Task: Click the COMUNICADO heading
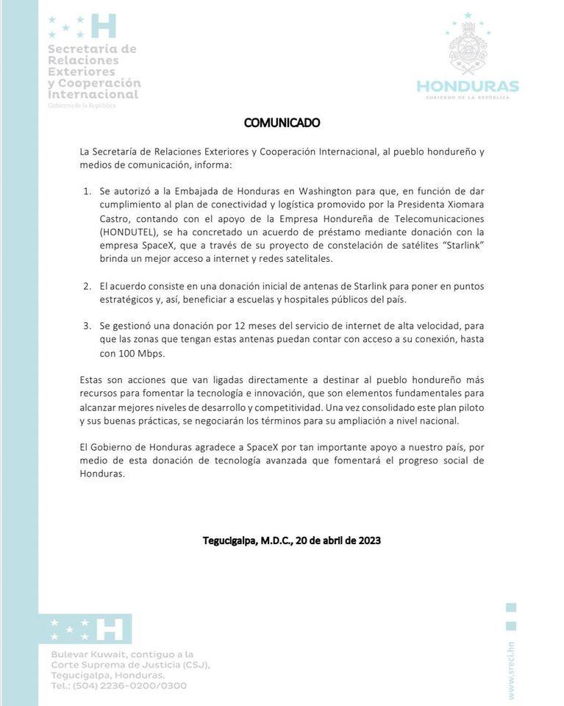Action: click(x=282, y=123)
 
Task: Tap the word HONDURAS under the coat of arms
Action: click(x=468, y=87)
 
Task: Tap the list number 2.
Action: click(x=87, y=285)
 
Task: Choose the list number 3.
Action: click(x=87, y=326)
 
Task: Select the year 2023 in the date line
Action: click(x=368, y=541)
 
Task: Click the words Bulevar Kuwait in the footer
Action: click(x=85, y=654)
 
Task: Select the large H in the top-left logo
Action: click(x=104, y=26)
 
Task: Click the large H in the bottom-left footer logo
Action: click(x=110, y=629)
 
